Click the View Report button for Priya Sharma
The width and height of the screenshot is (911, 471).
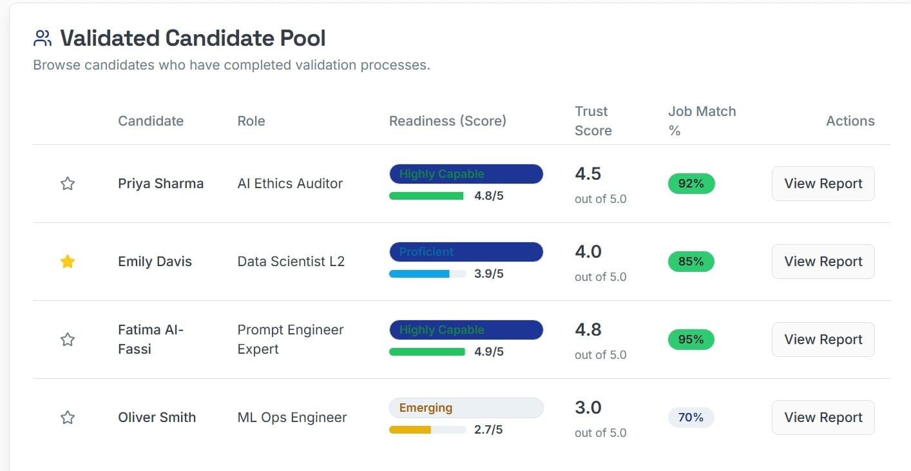823,184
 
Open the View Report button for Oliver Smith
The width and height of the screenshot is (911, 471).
823,418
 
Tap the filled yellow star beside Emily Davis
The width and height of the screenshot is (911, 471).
68,262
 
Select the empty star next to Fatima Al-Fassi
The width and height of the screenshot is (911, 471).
68,340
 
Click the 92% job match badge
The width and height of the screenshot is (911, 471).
691,184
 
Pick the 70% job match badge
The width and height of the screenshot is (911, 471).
691,418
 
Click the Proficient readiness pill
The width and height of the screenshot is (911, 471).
466,252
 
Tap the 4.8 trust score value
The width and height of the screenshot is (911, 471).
588,330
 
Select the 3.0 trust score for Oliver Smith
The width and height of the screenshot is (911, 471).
588,408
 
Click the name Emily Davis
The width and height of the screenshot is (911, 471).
155,262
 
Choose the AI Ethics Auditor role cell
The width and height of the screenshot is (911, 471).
290,184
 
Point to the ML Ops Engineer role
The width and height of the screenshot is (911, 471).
292,418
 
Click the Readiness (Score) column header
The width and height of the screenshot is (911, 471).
447,121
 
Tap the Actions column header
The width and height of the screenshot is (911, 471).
850,121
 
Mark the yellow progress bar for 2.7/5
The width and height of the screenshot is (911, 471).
410,430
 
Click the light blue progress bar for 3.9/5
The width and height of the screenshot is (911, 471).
419,274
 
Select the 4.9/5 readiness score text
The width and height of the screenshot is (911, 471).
488,352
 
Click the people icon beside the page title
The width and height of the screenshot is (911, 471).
42,39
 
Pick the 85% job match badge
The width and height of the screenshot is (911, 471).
691,262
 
